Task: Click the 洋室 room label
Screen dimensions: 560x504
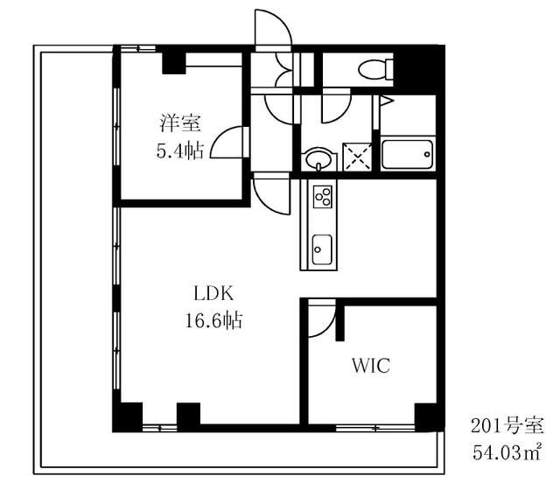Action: pos(180,122)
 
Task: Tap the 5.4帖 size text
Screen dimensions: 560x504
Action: pos(180,150)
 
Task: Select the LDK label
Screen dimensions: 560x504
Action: pos(213,294)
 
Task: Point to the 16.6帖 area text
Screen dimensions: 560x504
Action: pos(213,319)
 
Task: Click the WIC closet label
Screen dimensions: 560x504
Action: pos(371,365)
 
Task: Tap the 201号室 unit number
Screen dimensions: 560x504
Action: pos(507,425)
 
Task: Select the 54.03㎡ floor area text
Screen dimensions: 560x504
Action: pos(507,451)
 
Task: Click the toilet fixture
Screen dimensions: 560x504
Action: pos(375,69)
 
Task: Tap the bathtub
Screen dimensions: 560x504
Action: pos(408,154)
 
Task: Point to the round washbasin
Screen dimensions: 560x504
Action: pos(318,158)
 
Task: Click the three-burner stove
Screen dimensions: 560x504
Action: pos(323,197)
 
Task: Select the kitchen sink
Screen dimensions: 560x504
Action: pos(322,249)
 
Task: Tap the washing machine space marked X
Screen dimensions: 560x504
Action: pos(357,157)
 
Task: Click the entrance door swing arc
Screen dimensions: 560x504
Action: pos(282,21)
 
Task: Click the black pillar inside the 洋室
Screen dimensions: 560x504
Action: pos(174,64)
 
